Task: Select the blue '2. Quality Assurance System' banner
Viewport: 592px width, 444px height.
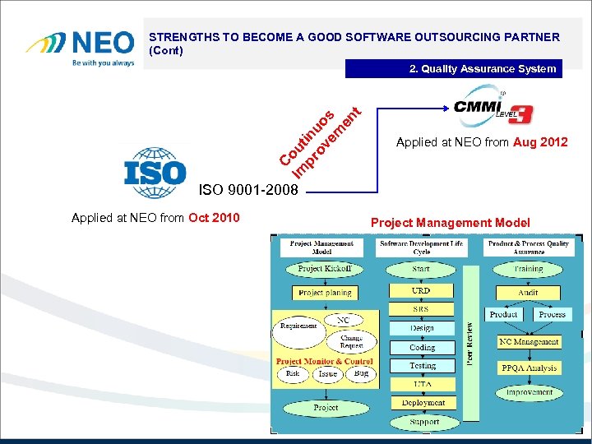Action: pos(453,69)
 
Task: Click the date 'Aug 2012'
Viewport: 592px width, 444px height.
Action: pos(539,142)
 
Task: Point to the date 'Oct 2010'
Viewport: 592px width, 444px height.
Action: pos(214,218)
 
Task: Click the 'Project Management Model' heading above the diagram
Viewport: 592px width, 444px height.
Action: pos(451,223)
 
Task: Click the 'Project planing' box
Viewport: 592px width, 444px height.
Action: pos(324,293)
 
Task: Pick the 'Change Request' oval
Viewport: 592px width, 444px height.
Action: pos(352,342)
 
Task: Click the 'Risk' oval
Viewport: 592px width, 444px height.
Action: pos(293,373)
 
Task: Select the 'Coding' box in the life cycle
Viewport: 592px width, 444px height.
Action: pos(423,347)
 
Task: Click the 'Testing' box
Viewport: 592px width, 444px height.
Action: pos(423,366)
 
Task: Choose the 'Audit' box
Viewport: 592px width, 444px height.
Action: pos(529,292)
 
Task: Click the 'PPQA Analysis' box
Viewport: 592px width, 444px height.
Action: pos(529,368)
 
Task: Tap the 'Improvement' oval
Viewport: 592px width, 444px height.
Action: pos(529,392)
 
